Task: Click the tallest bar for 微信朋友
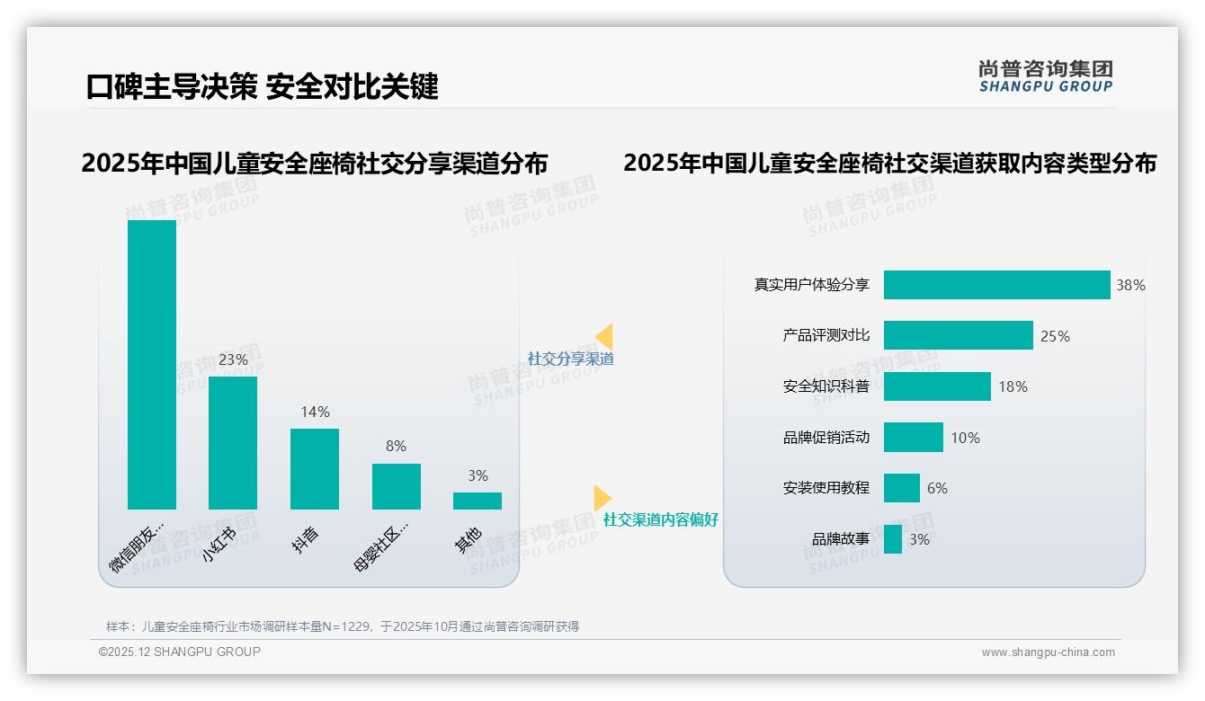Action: point(152,364)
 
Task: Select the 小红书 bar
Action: point(233,442)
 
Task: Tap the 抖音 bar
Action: point(315,468)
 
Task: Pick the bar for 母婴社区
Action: point(396,486)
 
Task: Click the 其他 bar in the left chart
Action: point(478,501)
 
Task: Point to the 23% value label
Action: point(233,359)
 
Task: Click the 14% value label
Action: point(315,412)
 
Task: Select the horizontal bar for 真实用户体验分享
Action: point(996,285)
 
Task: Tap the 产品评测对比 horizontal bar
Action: point(958,335)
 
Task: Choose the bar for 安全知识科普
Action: point(937,386)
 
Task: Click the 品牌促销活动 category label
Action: point(826,438)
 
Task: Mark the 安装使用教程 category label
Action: point(826,488)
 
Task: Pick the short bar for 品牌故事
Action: point(893,539)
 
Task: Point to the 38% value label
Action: point(1130,285)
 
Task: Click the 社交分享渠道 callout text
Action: point(571,359)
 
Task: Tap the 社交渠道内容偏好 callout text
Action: point(661,519)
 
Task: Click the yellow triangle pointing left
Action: point(604,336)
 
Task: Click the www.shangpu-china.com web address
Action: point(1048,652)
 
